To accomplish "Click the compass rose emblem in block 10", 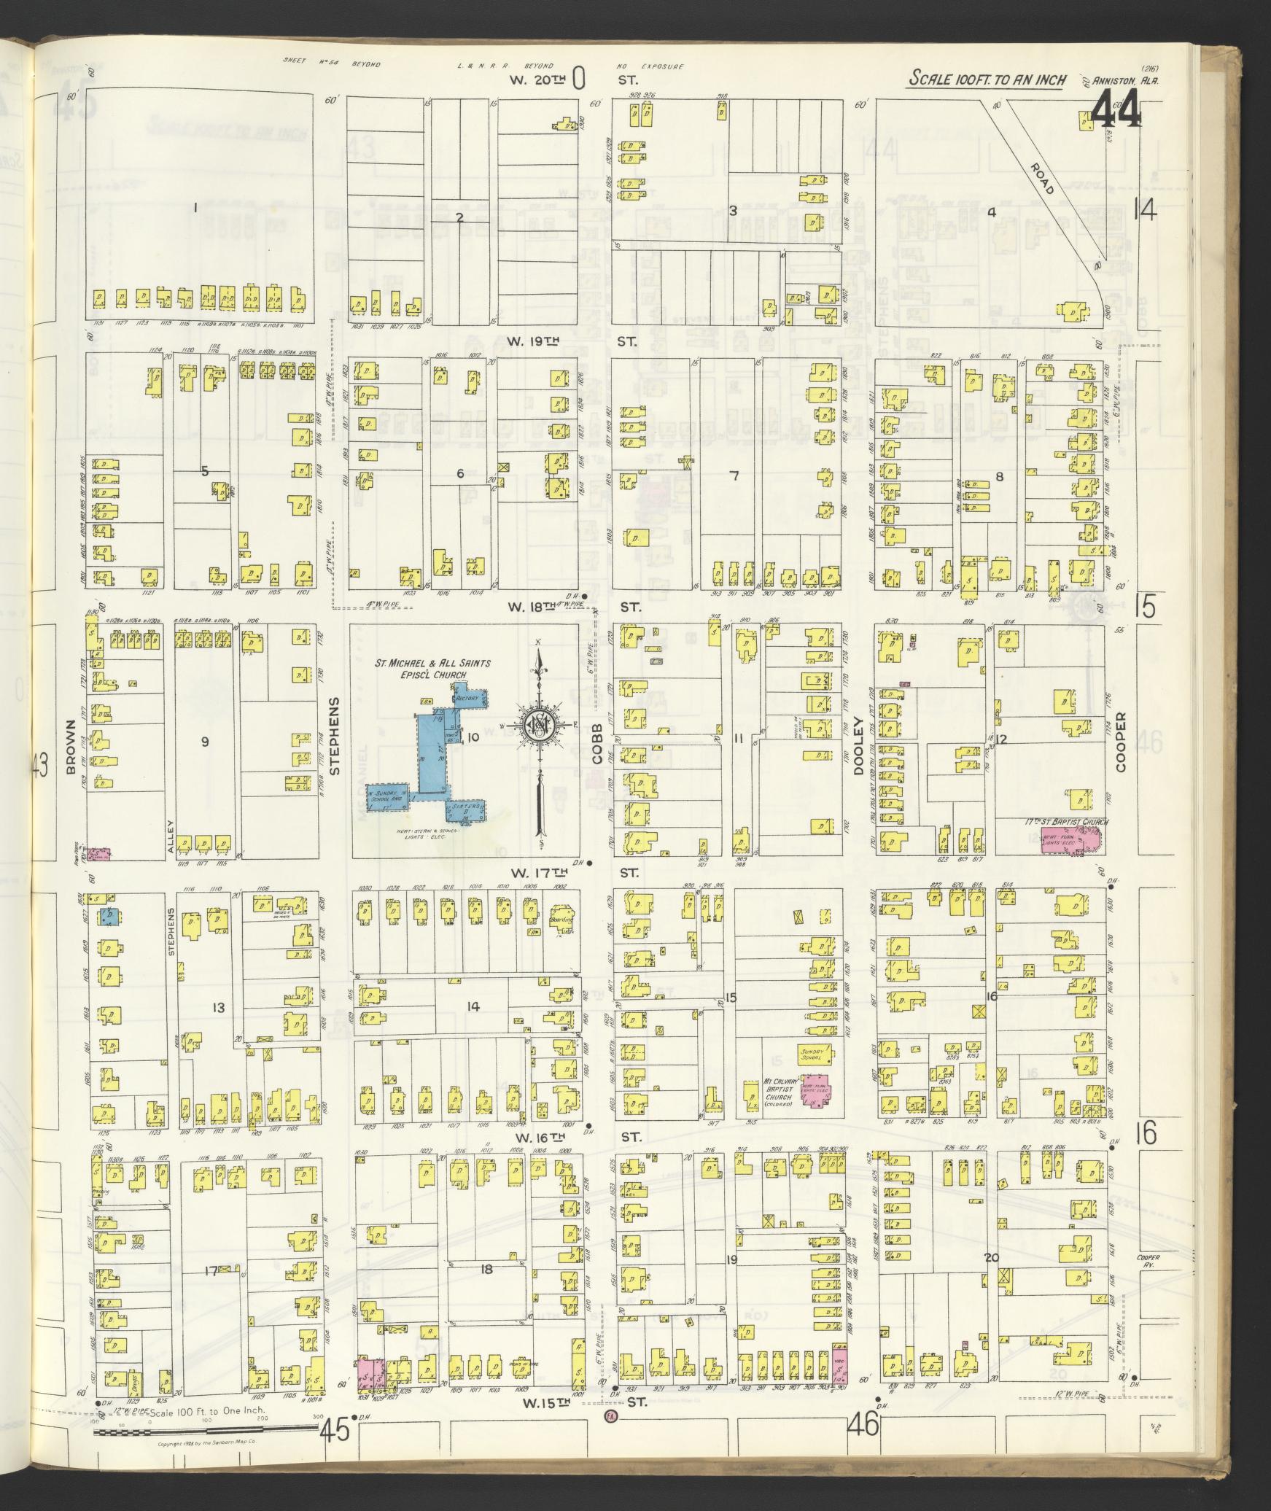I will point(539,725).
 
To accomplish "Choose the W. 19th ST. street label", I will point(576,341).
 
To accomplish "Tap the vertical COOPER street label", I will point(1120,742).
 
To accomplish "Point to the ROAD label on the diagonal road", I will point(1042,178).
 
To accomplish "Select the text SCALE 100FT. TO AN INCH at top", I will point(987,80).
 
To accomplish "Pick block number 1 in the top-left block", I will point(195,208).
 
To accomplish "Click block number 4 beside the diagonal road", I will point(991,213).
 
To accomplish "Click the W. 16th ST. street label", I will point(576,1138).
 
